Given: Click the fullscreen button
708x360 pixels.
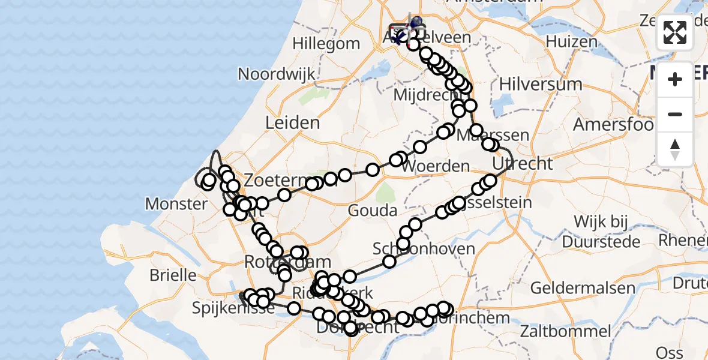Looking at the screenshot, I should click(x=675, y=32).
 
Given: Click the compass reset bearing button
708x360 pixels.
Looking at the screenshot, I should click(x=675, y=149).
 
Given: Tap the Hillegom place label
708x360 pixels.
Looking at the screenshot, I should click(x=326, y=44).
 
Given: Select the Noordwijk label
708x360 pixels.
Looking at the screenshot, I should click(x=277, y=74).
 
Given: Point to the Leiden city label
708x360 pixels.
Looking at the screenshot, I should click(x=293, y=123).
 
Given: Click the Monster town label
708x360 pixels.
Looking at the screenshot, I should click(x=176, y=203).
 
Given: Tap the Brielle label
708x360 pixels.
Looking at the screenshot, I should click(x=173, y=275).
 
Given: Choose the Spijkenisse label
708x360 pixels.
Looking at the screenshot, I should click(x=233, y=308).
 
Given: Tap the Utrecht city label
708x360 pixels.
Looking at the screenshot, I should click(x=522, y=163).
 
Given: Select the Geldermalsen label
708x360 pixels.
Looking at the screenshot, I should click(x=582, y=287).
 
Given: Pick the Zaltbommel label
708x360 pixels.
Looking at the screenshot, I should click(x=566, y=331).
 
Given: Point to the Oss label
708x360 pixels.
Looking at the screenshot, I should click(x=670, y=352).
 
